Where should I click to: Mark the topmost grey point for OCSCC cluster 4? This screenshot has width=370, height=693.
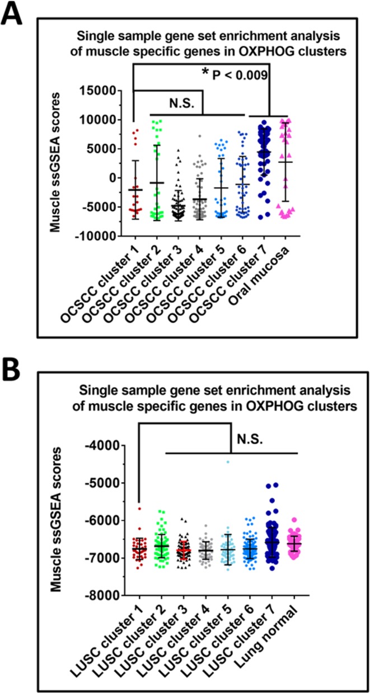[x=198, y=136]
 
